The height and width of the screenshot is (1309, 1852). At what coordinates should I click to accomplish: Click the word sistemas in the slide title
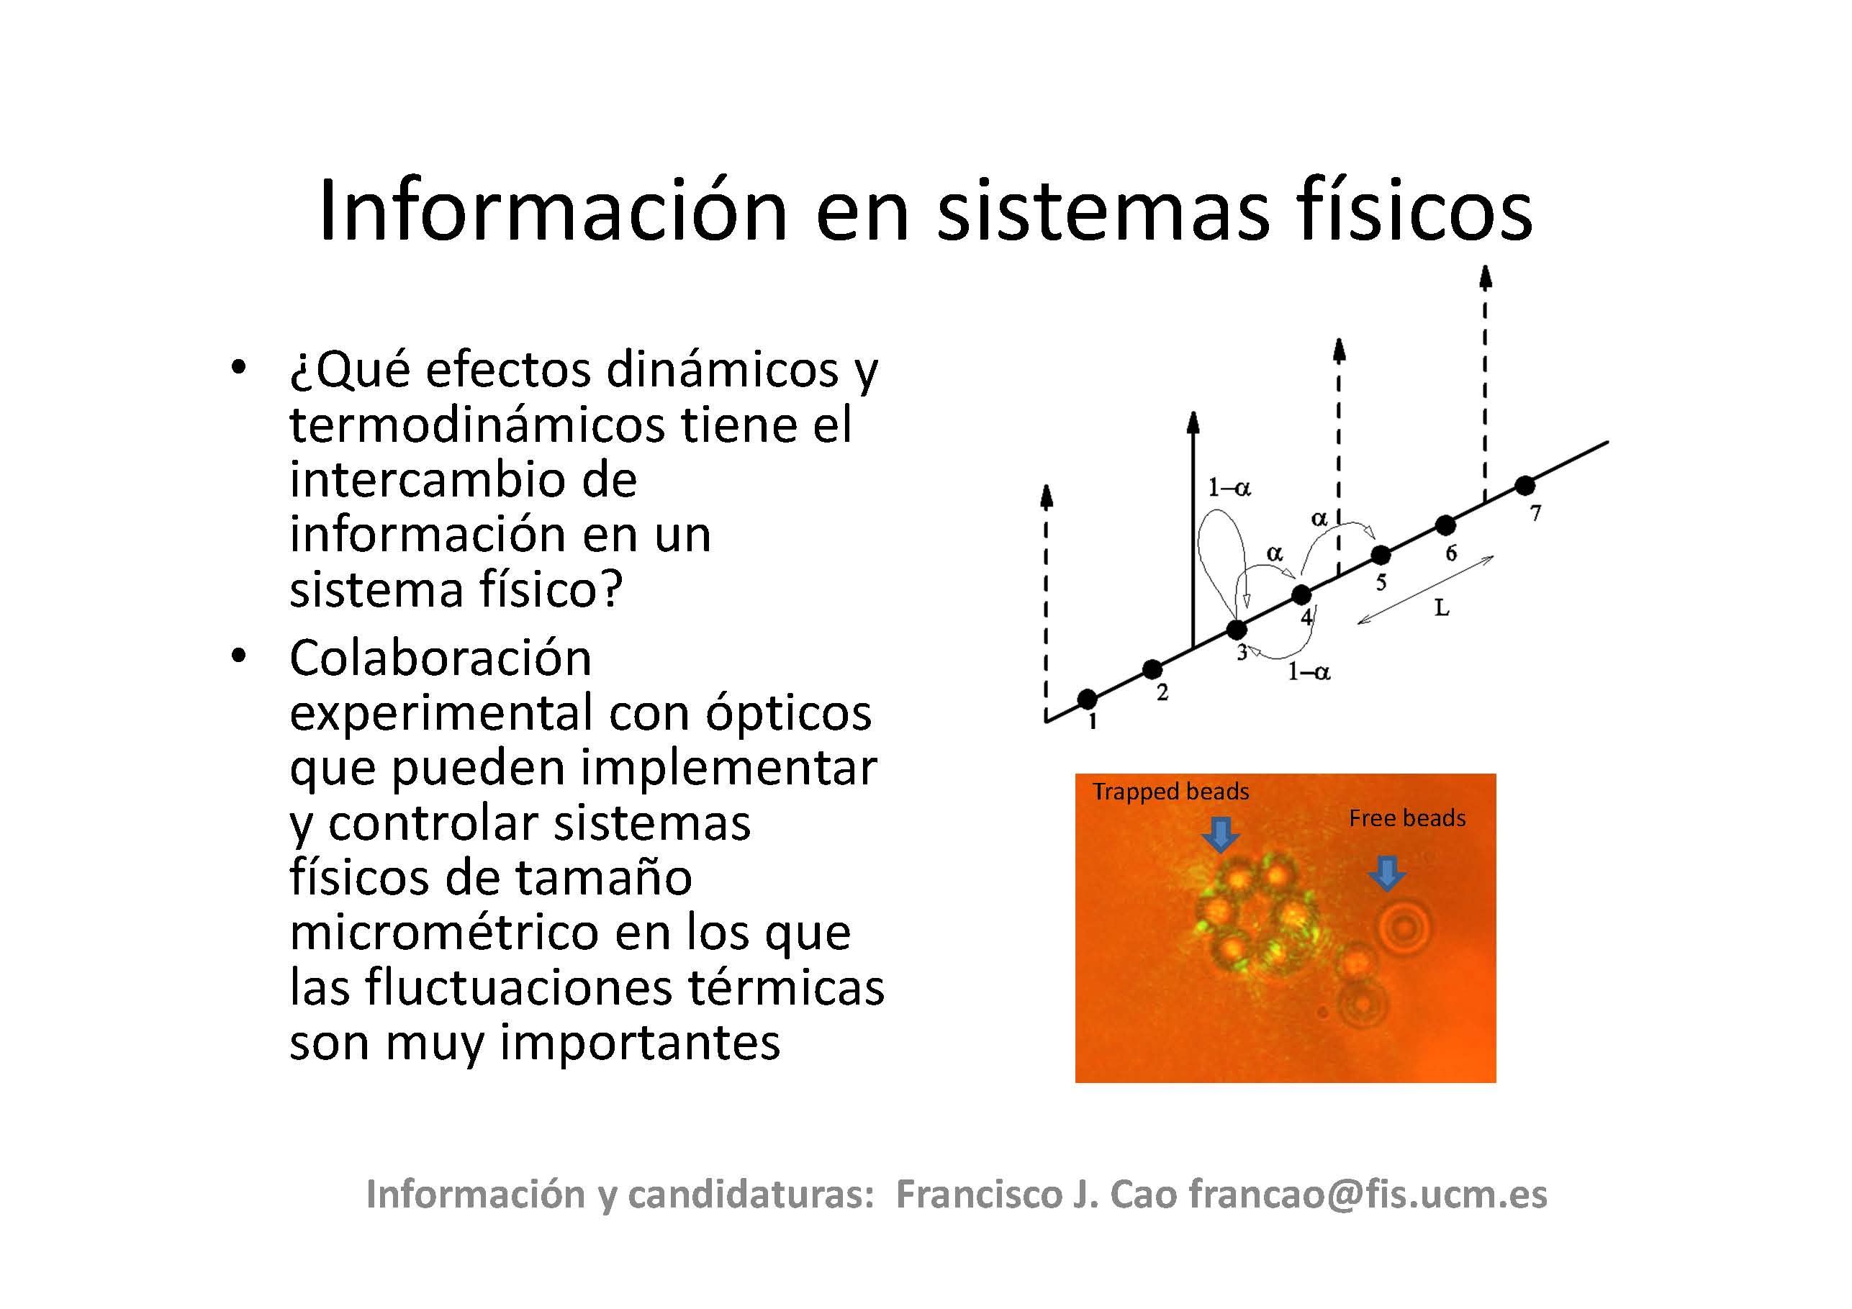1103,212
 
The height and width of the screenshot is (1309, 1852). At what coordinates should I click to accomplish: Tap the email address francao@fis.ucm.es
1368,1195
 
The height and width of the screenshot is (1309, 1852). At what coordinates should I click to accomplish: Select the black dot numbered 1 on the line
1088,699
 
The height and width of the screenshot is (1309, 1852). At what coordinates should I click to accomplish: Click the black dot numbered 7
1524,486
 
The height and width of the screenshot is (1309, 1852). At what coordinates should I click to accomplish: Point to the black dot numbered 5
1381,555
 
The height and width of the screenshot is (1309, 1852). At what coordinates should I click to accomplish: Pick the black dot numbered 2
1152,669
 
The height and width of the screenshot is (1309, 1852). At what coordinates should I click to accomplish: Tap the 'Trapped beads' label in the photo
1170,792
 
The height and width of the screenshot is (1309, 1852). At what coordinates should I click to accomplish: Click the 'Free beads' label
1406,819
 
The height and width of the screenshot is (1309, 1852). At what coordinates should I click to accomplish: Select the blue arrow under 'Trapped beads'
1221,835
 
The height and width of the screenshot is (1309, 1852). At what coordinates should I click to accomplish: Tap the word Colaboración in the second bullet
441,658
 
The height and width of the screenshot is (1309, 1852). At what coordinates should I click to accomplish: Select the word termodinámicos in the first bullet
476,425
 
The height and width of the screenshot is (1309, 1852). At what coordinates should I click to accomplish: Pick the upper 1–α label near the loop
1229,488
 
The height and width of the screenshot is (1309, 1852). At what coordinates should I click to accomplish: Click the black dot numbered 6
1445,525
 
